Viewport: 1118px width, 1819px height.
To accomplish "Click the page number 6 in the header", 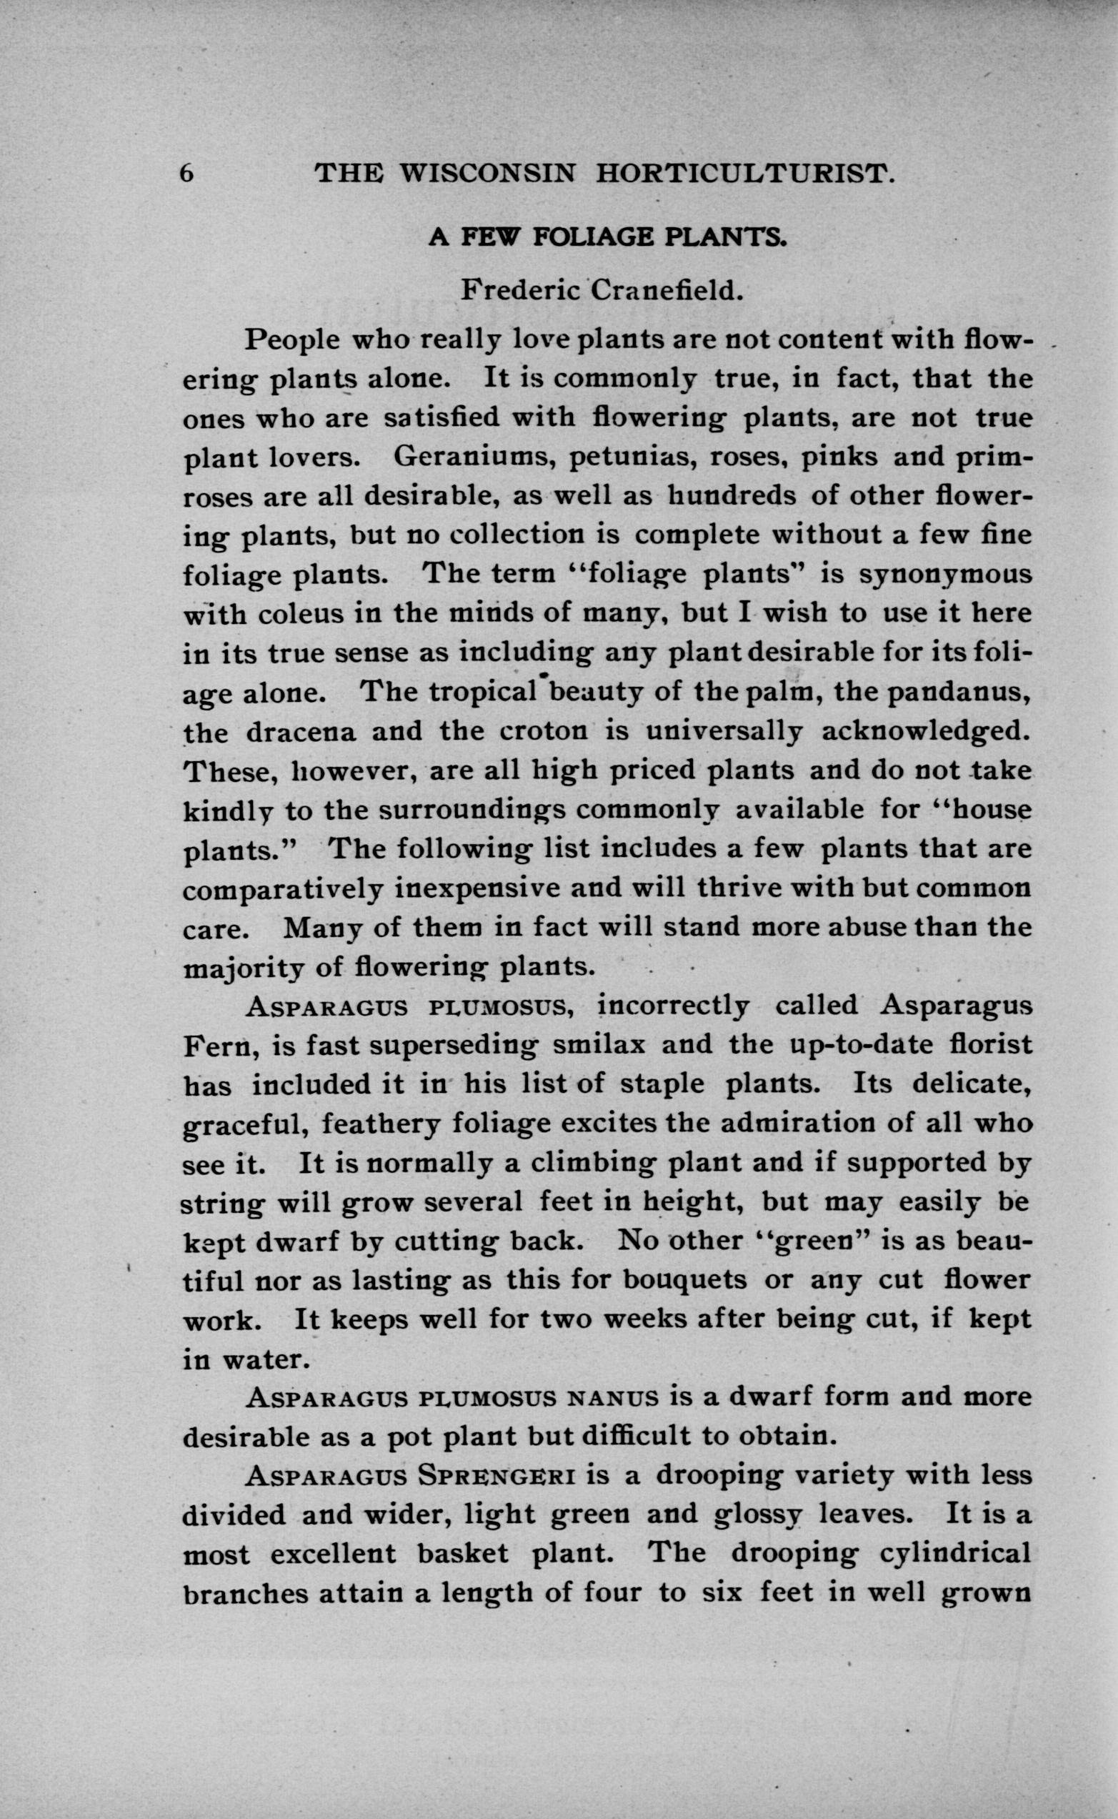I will (186, 172).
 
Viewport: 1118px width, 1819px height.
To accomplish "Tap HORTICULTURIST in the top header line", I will (745, 172).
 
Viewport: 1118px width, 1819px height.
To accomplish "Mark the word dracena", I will (301, 731).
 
